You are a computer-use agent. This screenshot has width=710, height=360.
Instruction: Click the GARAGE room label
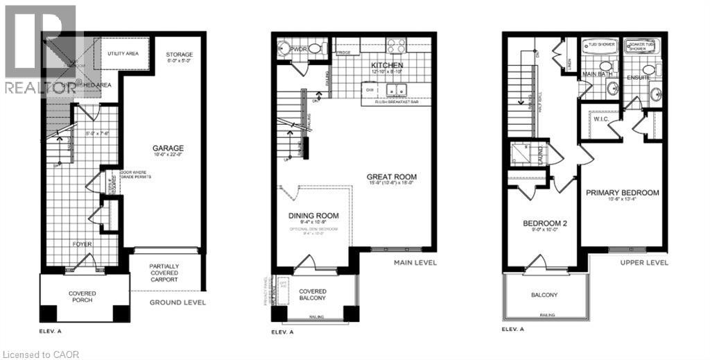point(168,148)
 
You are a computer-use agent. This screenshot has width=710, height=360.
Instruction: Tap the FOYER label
point(83,244)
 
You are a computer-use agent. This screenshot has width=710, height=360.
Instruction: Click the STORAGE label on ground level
point(180,55)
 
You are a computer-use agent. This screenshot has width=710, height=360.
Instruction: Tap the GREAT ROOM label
point(392,177)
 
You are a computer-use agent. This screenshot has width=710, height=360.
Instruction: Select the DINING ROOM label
point(313,215)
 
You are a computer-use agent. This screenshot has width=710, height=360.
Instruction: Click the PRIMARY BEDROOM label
point(622,192)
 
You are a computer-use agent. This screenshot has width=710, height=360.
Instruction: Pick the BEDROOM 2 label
point(545,223)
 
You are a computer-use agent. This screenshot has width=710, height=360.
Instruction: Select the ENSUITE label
point(637,78)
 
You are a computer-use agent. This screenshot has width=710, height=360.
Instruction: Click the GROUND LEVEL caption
point(177,302)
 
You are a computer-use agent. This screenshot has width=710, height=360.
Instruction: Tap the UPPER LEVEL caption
point(644,263)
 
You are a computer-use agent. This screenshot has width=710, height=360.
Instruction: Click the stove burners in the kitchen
point(395,46)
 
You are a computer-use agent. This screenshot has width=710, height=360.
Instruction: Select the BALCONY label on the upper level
point(545,295)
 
